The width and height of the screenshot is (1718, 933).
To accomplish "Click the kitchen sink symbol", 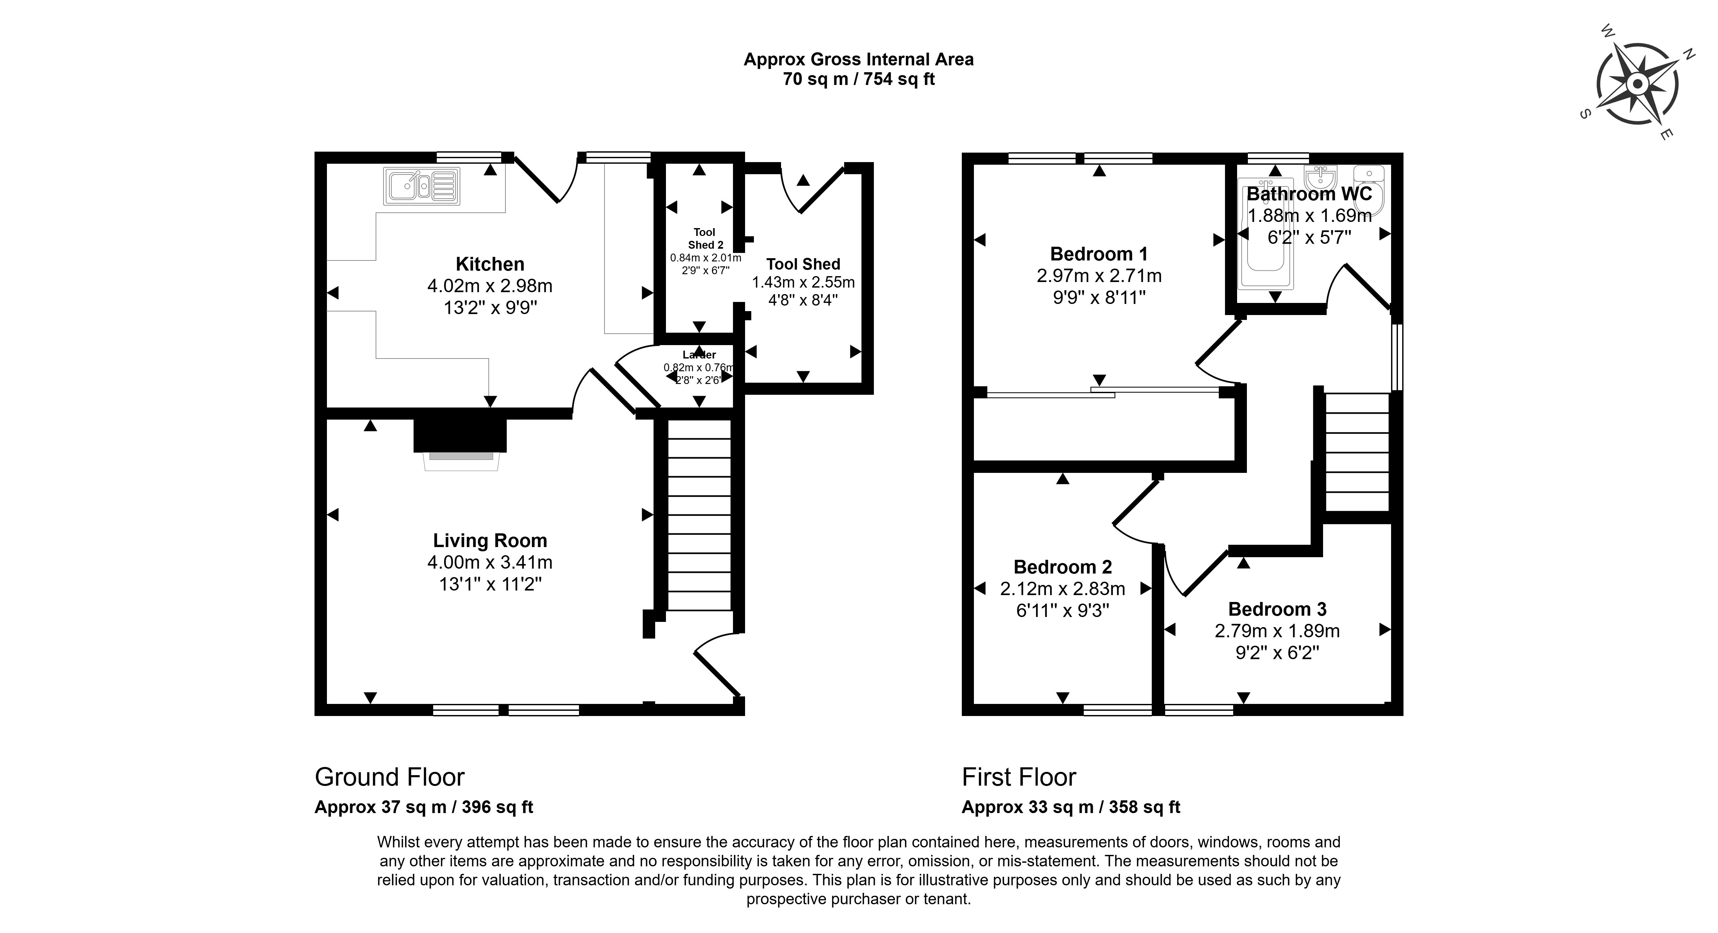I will [421, 186].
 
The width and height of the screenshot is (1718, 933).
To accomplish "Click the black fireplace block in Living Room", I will [460, 435].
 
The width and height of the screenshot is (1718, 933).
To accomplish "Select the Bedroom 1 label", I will [1098, 254].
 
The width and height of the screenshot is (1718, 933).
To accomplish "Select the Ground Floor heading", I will [389, 777].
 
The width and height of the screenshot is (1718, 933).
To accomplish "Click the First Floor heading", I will [1018, 777].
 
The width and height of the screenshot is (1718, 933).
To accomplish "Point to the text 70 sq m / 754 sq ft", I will [858, 79].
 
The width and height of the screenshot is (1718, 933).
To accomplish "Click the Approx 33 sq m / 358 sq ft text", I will [1070, 807].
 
